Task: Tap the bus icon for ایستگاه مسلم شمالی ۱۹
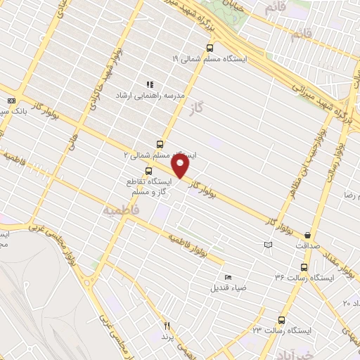[x=209, y=49]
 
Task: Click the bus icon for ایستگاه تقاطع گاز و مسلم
[x=148, y=171]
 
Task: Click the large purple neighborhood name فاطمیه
[x=122, y=210]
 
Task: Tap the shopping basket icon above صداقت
[x=308, y=235]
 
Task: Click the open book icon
[x=267, y=245]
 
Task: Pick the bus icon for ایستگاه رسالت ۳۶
[x=304, y=267]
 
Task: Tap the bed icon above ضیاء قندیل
[x=226, y=276]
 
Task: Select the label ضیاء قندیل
[x=227, y=288]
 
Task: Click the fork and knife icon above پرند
[x=167, y=326]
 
